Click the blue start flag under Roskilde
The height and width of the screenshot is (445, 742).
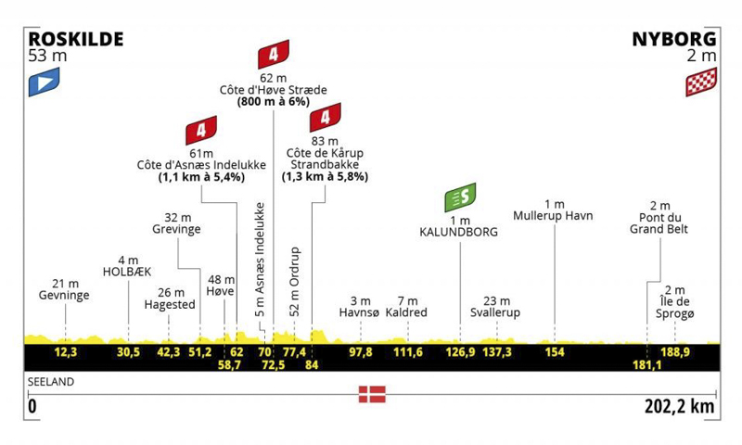(44, 82)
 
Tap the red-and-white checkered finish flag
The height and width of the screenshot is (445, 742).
(701, 82)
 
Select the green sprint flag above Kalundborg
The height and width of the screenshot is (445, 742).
(460, 197)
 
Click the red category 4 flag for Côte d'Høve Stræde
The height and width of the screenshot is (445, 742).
(274, 55)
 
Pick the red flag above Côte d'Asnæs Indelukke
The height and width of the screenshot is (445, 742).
(201, 130)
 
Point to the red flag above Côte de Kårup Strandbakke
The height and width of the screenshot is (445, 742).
(326, 118)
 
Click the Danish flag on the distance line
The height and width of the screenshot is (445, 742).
(372, 394)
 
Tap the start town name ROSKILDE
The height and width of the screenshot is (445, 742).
(76, 39)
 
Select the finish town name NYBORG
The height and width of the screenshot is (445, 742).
(674, 39)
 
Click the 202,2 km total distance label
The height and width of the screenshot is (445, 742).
(680, 406)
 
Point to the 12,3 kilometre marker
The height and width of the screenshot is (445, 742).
(66, 352)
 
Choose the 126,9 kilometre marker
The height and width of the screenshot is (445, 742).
(460, 352)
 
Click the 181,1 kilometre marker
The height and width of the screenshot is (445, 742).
(646, 364)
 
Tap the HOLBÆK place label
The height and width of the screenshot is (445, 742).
(127, 272)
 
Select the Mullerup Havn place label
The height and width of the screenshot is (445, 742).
(553, 216)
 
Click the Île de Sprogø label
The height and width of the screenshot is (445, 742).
(675, 308)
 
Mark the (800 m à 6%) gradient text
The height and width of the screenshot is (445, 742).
(274, 102)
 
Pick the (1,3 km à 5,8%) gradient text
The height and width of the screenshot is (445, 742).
(326, 177)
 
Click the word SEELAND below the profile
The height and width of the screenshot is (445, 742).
(51, 382)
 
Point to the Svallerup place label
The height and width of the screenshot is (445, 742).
(495, 312)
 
